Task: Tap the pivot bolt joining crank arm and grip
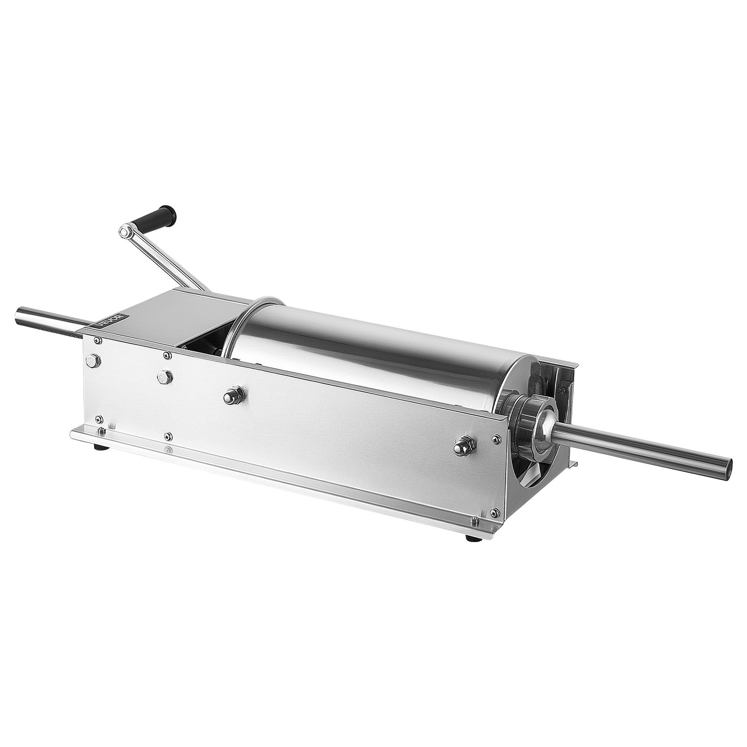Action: pyautogui.click(x=125, y=230)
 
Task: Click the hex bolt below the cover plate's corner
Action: pyautogui.click(x=165, y=376)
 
